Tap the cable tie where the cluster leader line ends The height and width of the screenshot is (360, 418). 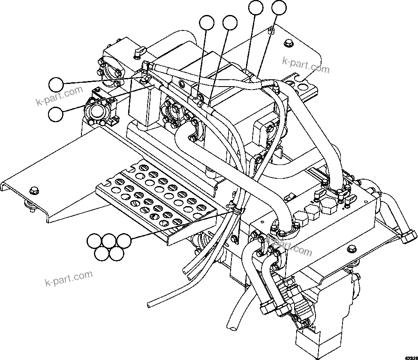point(235,209)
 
